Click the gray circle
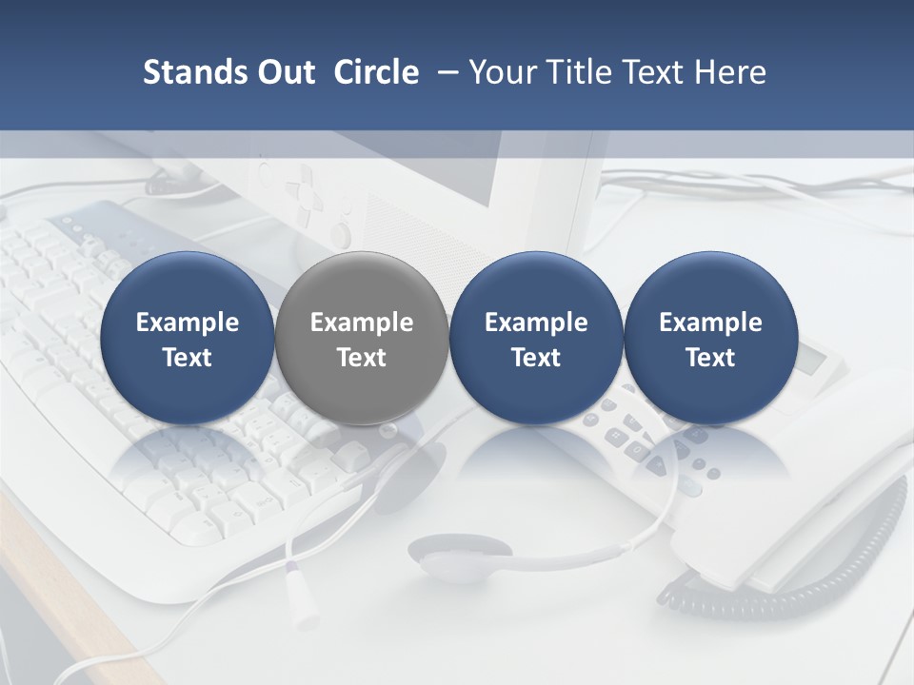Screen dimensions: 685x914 click(361, 339)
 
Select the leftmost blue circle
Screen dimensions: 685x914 click(187, 339)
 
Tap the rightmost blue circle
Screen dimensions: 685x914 click(710, 339)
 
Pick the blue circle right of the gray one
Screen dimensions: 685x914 click(536, 339)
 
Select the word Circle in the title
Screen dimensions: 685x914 click(376, 72)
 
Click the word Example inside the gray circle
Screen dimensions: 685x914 click(362, 323)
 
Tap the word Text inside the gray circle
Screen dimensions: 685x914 click(362, 358)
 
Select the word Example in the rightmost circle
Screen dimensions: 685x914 click(710, 323)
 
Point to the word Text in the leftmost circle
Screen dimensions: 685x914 click(188, 358)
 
